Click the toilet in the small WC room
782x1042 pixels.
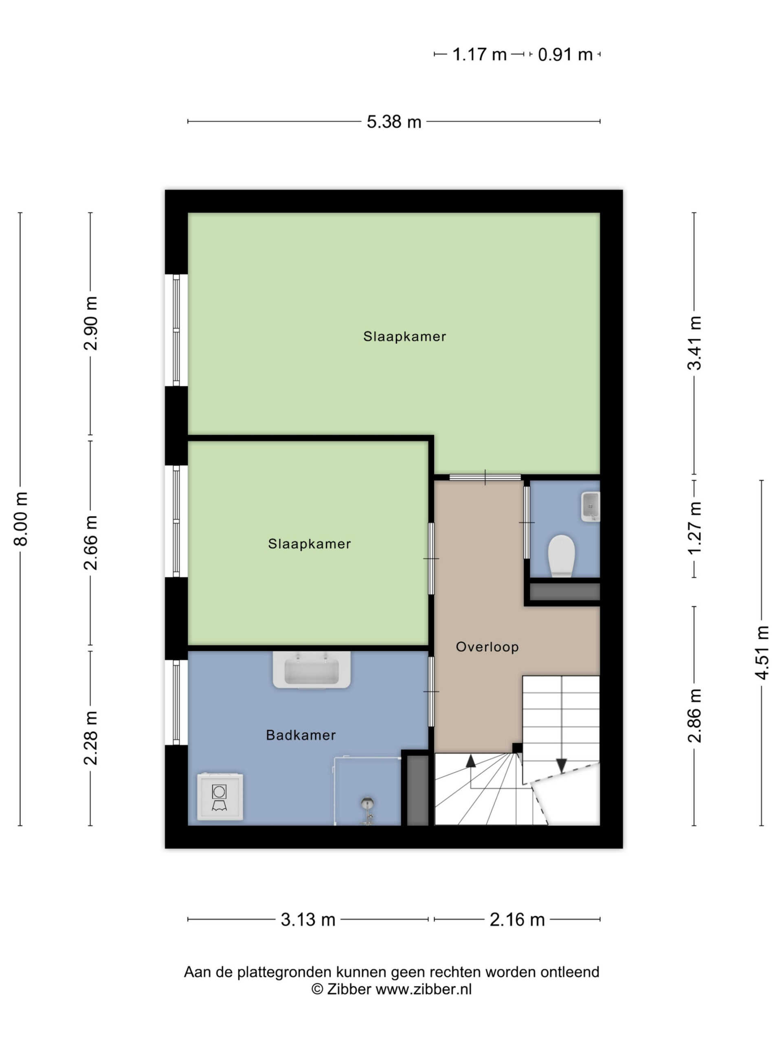[x=561, y=555]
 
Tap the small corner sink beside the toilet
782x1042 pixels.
[x=590, y=506]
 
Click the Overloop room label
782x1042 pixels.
[x=487, y=647]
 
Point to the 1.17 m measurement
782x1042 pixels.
[x=479, y=55]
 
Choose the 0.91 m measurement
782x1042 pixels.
[x=565, y=55]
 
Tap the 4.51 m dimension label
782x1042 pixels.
[x=762, y=652]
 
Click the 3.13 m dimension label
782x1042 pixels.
[x=308, y=919]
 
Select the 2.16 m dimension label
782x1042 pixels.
[x=517, y=919]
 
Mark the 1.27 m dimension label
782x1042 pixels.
[x=694, y=528]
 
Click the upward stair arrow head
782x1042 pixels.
[x=470, y=761]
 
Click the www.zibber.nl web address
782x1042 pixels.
[x=423, y=989]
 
